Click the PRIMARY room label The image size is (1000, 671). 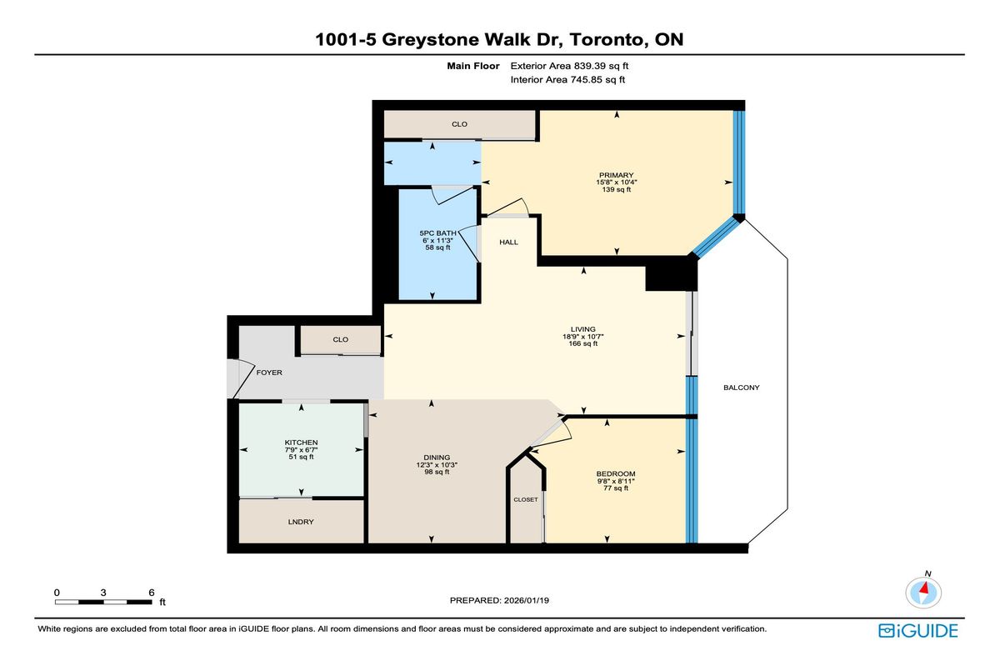point(617,174)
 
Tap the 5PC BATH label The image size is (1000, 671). point(437,233)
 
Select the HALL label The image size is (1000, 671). point(508,243)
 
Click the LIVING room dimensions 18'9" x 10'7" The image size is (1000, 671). point(583,337)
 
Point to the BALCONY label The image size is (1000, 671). point(741,388)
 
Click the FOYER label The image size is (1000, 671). point(268,373)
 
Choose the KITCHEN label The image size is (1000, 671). point(301,443)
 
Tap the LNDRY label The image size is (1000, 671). point(300,521)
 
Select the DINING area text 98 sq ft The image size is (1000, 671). point(437,472)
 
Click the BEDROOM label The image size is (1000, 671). point(615,473)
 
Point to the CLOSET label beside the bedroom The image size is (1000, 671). point(525,500)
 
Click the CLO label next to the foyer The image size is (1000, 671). point(340,339)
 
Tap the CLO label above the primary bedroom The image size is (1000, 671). point(459,124)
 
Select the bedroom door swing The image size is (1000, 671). point(550,432)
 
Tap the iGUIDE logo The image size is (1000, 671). point(917,631)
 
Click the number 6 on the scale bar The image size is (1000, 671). point(151,592)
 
